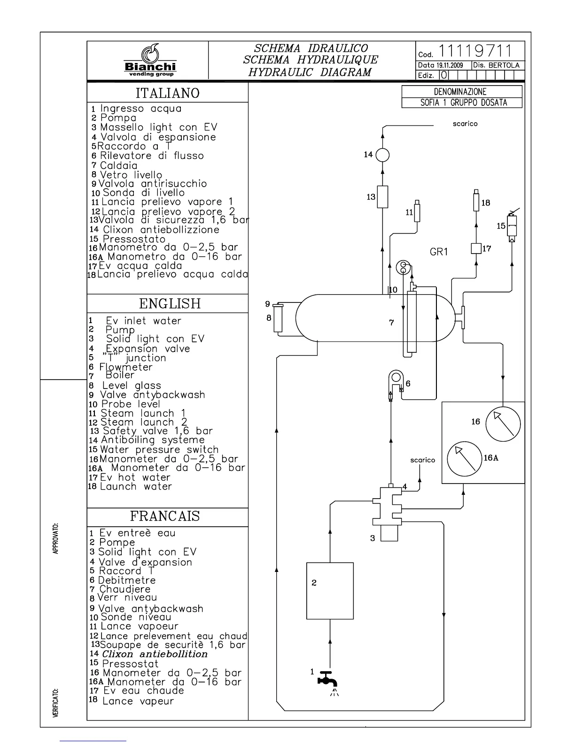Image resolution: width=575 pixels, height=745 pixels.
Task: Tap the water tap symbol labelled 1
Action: pos(329,679)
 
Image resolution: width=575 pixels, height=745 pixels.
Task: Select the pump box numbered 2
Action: pos(330,591)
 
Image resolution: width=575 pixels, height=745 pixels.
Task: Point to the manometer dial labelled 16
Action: pos(503,424)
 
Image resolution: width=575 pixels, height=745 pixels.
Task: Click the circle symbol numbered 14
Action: pos(382,155)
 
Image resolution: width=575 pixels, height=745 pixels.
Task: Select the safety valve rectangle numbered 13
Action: pos(382,197)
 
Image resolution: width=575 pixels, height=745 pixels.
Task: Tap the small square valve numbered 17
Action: pos(476,248)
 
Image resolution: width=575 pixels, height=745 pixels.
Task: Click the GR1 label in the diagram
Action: pos(439,252)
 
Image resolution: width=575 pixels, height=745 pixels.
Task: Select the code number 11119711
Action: pos(474,50)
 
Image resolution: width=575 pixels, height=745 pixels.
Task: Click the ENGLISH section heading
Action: pos(170,304)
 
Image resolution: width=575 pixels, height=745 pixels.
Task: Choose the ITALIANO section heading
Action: pos(168,93)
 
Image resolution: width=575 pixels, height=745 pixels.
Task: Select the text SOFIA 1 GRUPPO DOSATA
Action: pos(463,103)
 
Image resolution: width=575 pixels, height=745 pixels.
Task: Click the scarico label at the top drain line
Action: pos(465,124)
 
